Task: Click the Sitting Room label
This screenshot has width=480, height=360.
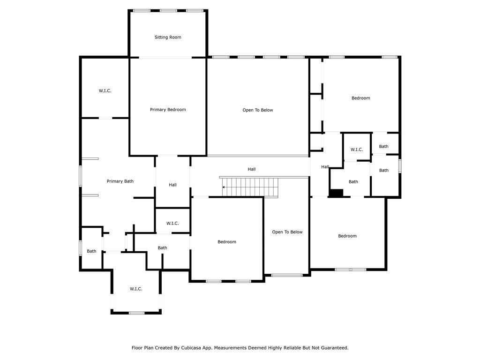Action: coord(168,37)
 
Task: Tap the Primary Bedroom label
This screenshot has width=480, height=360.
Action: coord(168,110)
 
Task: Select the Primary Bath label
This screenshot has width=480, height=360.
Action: coord(120,181)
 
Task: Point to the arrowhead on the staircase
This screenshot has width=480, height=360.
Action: coord(224,187)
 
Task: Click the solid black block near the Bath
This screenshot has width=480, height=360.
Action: coord(336,193)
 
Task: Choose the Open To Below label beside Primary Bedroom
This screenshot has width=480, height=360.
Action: coord(257,110)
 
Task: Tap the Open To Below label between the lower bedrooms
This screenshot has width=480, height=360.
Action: coord(287,232)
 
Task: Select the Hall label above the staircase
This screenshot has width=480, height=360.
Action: coord(252,169)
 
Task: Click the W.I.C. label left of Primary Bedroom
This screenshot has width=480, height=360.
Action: coord(105,90)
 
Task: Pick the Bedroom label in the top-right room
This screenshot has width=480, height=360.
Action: coord(360,98)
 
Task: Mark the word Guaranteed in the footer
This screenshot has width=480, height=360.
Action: coord(334,348)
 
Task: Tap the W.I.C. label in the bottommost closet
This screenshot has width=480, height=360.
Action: coord(136,289)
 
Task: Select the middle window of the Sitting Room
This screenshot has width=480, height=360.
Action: coord(168,10)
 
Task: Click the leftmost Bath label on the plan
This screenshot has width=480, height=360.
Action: coord(91,251)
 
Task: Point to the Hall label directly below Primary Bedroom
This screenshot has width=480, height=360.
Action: coord(172,185)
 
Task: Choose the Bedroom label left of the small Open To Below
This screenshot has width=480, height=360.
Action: coord(227,242)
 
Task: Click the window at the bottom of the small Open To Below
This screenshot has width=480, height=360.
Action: coord(287,275)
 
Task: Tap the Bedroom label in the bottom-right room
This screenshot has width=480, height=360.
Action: coord(347,236)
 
